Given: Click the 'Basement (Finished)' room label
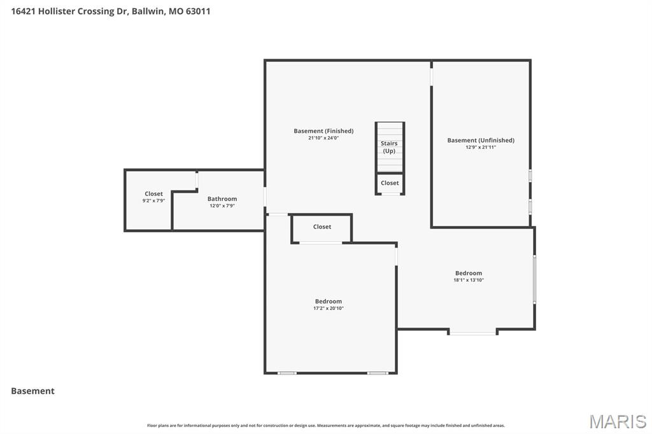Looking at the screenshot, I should pos(323,131).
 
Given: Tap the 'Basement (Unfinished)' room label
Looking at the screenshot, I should pos(481,140).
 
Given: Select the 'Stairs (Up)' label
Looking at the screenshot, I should pos(389,147).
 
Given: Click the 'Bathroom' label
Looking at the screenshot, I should pos(222,199).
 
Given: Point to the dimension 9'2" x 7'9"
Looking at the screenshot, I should pos(153,200).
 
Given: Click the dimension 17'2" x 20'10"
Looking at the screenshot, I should pos(329,309).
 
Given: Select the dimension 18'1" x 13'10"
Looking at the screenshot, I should pos(469,280).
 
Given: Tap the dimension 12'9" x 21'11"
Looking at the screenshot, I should pos(481,147).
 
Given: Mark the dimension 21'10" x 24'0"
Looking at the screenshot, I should pos(323,138).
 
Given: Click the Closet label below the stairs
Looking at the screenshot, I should pos(390,183).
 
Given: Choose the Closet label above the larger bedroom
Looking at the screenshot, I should pos(322,227).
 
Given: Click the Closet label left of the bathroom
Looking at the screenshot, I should pos(153,193).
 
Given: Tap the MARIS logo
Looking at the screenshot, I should pos(618,421).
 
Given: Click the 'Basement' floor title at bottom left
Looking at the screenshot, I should pos(32,391).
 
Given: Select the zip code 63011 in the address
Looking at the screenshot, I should pos(198,11).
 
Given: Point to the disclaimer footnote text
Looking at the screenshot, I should pos(326,426).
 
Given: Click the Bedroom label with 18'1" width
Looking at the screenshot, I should pos(469,273).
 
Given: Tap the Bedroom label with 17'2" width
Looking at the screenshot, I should pos(329,302).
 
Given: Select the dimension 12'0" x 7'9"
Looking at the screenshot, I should pos(222,206).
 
